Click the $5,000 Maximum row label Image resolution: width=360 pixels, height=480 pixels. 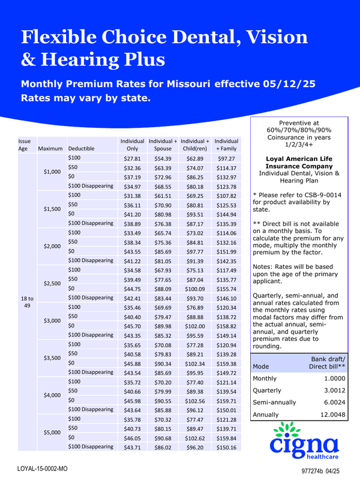[52, 432]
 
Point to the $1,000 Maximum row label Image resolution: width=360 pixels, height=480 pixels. [52, 172]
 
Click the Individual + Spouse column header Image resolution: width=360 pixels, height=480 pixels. [163, 144]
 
